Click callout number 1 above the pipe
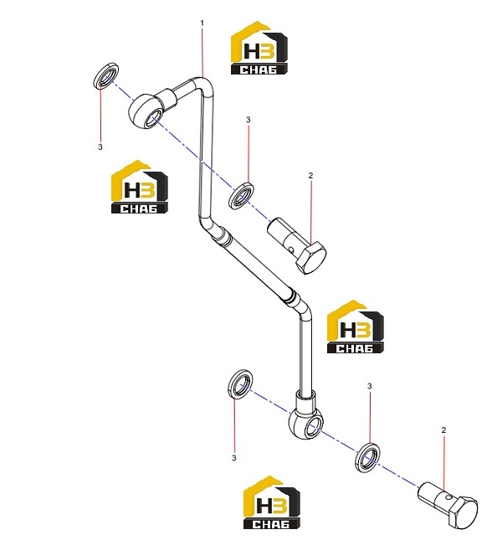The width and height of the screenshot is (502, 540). [x=202, y=23]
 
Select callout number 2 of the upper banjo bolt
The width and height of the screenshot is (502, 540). [x=310, y=175]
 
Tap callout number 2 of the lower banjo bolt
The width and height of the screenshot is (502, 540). [x=443, y=429]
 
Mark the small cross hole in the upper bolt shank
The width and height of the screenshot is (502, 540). [x=291, y=249]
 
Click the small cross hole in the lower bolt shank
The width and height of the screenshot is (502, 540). [x=446, y=497]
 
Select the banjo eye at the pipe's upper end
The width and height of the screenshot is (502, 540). [x=146, y=111]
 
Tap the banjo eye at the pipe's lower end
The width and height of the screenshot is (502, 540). [x=306, y=424]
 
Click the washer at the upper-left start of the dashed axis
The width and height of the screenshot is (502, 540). [x=106, y=75]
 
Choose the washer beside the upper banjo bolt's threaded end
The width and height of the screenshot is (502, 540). [x=241, y=196]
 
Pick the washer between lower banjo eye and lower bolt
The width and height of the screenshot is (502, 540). [x=367, y=458]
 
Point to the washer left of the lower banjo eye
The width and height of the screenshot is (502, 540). [x=240, y=384]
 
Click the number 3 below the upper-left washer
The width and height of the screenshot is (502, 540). [x=100, y=147]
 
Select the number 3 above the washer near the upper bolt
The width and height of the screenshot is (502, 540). [x=248, y=120]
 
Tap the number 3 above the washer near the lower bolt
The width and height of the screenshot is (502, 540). [x=370, y=386]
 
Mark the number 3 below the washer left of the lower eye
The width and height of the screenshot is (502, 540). [x=234, y=458]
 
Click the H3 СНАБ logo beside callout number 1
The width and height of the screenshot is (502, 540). [x=259, y=48]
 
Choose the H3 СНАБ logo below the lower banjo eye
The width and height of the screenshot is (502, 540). [x=271, y=502]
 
